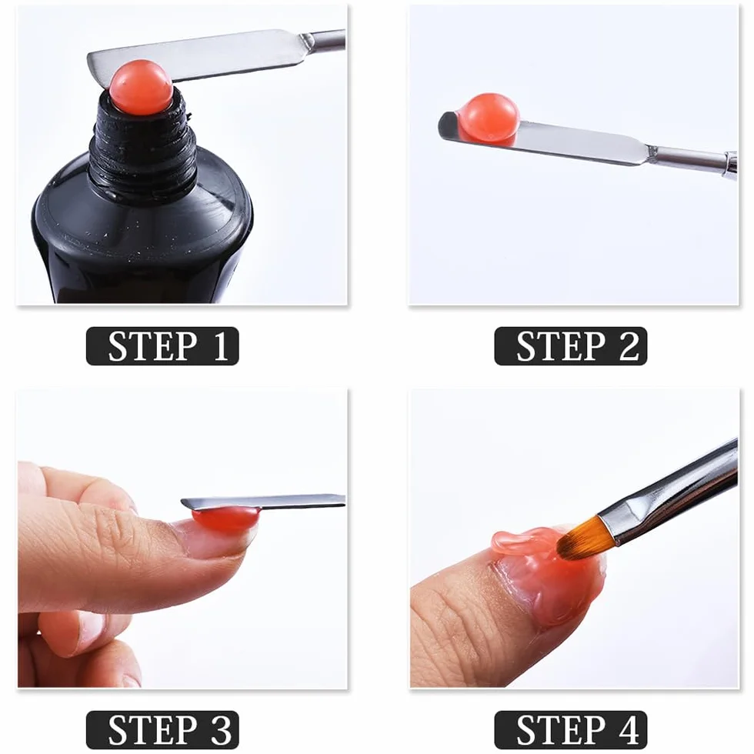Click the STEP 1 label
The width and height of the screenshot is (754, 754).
point(162,345)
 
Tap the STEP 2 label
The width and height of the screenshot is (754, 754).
point(570,345)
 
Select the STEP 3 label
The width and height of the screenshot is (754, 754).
point(162,729)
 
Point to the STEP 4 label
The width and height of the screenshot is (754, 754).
point(570,729)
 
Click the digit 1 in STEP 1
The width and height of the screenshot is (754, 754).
point(220,345)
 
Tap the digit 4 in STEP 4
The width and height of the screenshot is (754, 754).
point(628,729)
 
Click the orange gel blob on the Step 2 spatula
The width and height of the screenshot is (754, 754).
point(489,118)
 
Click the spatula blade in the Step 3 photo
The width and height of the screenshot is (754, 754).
point(262,502)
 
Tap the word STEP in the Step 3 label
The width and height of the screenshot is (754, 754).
point(153,729)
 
